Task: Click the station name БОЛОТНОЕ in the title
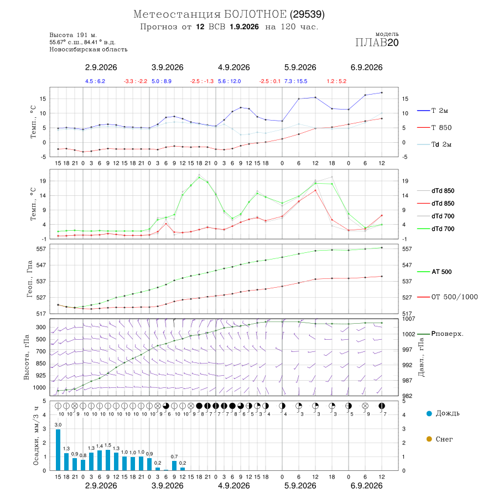pos(255,14)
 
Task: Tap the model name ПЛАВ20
pos(377,43)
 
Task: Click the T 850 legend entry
pos(434,128)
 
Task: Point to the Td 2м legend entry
pos(434,144)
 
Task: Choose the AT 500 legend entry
pos(434,272)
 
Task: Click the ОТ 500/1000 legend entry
pos(448,297)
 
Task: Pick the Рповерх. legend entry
pos(440,334)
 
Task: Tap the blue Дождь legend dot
pos(429,413)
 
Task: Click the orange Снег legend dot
pos(429,439)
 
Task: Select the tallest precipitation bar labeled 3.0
pos(58,450)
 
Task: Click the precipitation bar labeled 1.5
pos(108,460)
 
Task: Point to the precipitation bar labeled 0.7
pos(174,465)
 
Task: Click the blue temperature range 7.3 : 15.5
pos(295,81)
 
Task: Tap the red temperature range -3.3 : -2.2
pos(136,81)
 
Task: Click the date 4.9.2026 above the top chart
pos(234,68)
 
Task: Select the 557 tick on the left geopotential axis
pos(41,249)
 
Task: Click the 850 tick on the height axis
pos(41,364)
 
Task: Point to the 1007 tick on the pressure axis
pos(409,319)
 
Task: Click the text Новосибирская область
pos(89,49)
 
